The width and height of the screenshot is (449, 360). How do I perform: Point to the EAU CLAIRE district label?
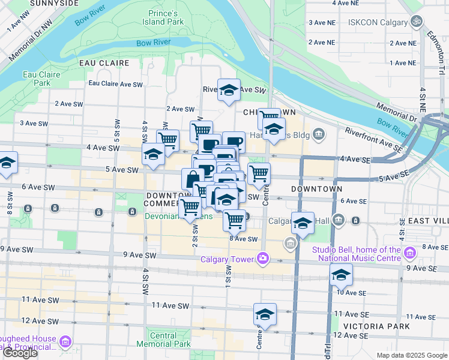[104, 62]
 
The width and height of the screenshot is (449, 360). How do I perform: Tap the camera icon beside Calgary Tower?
[262, 259]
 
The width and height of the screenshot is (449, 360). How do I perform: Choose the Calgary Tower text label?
[226, 259]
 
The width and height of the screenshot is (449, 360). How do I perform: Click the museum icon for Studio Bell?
[410, 254]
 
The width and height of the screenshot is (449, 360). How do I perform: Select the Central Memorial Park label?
[163, 340]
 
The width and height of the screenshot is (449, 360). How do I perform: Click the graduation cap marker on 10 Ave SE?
[341, 275]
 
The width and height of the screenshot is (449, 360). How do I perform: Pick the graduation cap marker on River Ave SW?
[229, 90]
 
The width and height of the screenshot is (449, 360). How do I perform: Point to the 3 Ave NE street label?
[321, 22]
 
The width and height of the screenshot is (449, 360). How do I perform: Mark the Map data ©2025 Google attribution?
[412, 355]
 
